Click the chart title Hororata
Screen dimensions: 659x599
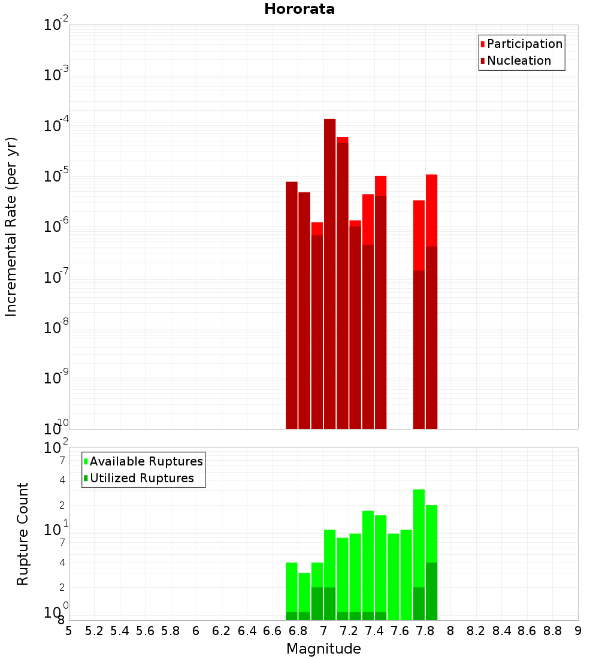(x=299, y=9)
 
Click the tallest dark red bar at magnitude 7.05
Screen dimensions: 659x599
(x=329, y=270)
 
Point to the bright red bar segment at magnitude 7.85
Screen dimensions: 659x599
(x=431, y=210)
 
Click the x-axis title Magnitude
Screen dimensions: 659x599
(x=323, y=649)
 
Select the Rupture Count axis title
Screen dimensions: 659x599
(x=23, y=534)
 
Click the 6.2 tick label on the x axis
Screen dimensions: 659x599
(x=221, y=631)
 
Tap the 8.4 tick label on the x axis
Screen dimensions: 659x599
(x=501, y=631)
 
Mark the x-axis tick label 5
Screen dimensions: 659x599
(x=69, y=631)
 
